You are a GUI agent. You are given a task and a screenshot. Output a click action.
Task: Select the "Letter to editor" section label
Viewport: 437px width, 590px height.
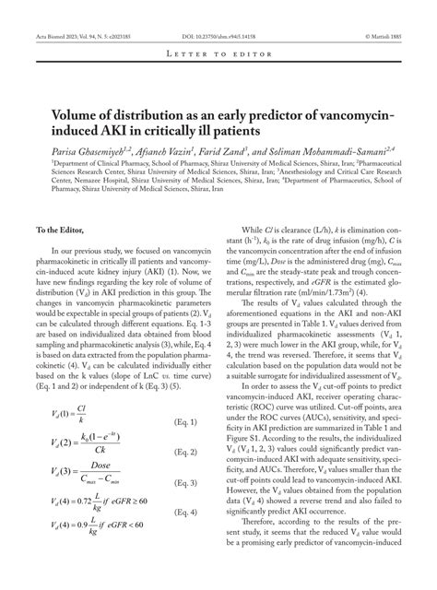coord(218,56)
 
